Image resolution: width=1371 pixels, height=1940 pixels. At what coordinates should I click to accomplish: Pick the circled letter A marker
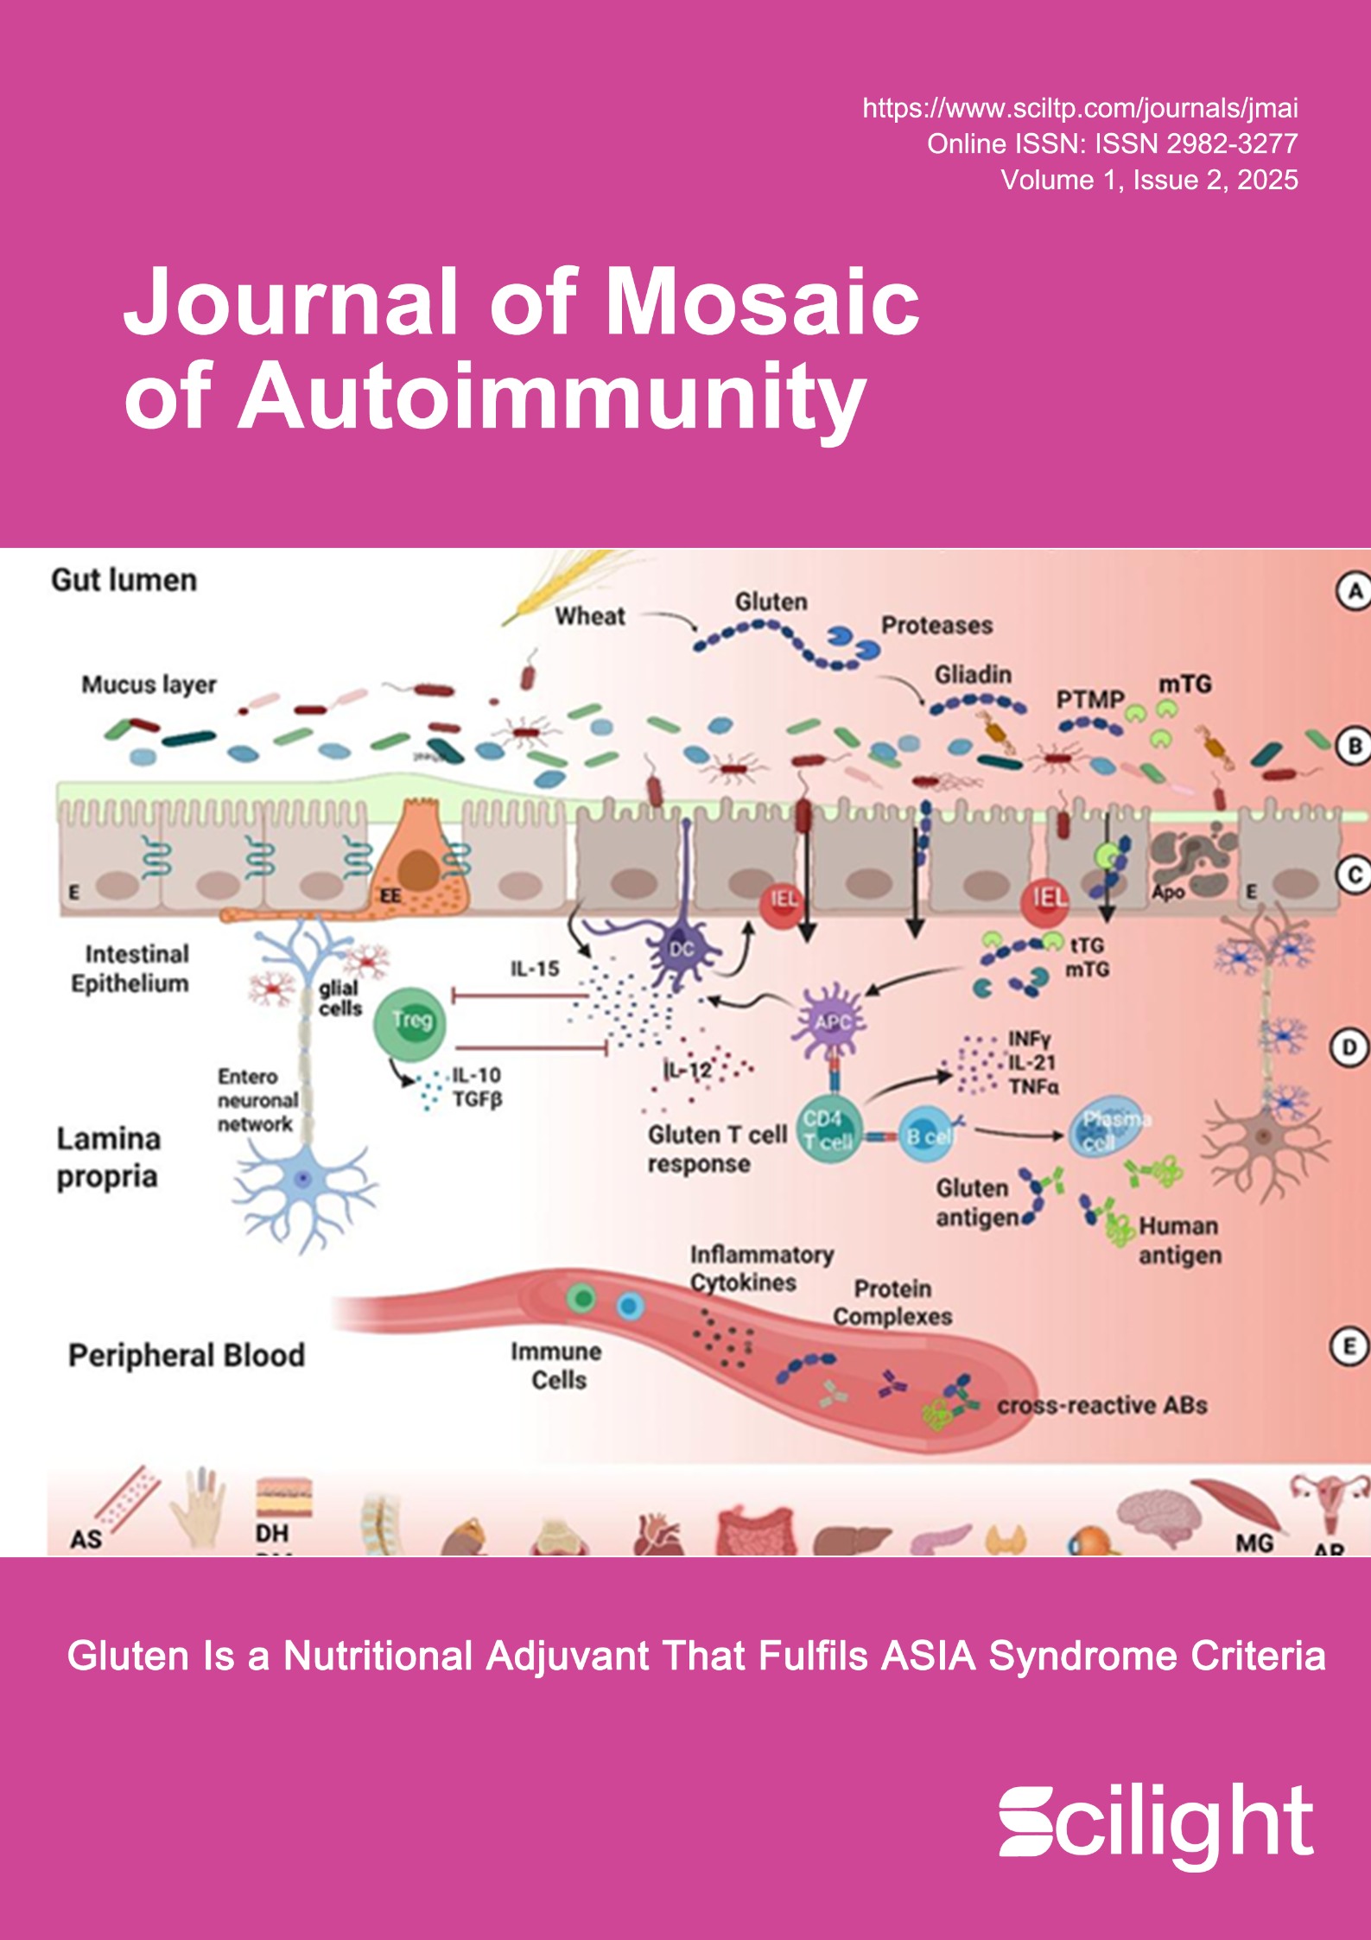pos(1353,592)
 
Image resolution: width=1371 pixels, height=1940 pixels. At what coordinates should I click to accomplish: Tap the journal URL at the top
pos(1080,108)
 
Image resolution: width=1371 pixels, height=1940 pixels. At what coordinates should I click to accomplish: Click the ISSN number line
pos(1112,143)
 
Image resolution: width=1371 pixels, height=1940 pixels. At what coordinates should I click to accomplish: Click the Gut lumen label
pos(124,580)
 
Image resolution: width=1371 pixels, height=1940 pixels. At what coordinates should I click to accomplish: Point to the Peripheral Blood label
pos(187,1355)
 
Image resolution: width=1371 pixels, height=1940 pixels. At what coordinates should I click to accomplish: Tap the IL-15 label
pos(535,969)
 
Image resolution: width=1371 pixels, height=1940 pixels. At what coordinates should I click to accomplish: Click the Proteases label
pos(936,625)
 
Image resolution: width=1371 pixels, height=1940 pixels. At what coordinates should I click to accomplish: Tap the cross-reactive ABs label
pos(1101,1406)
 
